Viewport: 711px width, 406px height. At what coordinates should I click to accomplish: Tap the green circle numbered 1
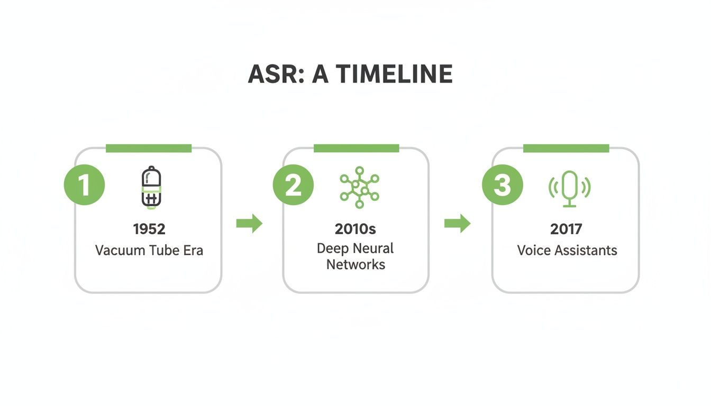[84, 186]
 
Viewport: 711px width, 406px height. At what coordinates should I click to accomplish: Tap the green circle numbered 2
[293, 186]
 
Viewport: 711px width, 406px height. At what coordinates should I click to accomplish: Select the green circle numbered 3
[502, 186]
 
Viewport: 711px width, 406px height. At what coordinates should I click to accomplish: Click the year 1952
[149, 229]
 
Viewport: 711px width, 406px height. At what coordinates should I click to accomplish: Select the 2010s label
[355, 229]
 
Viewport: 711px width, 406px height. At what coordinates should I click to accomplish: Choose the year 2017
[566, 229]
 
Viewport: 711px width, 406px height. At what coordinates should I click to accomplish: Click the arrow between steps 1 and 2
[249, 224]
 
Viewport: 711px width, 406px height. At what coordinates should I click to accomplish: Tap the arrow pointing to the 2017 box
[457, 224]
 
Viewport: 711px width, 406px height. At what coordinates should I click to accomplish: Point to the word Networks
[355, 264]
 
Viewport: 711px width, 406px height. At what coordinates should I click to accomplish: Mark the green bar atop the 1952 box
[149, 148]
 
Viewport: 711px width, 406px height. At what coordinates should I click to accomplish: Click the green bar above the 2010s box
[356, 148]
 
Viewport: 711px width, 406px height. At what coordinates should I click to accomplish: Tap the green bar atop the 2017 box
[566, 148]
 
